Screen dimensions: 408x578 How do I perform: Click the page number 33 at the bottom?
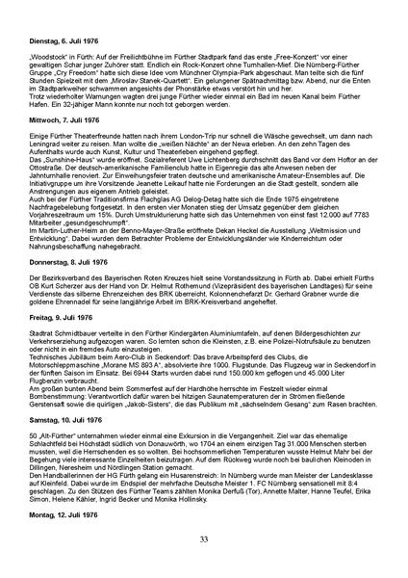204,539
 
